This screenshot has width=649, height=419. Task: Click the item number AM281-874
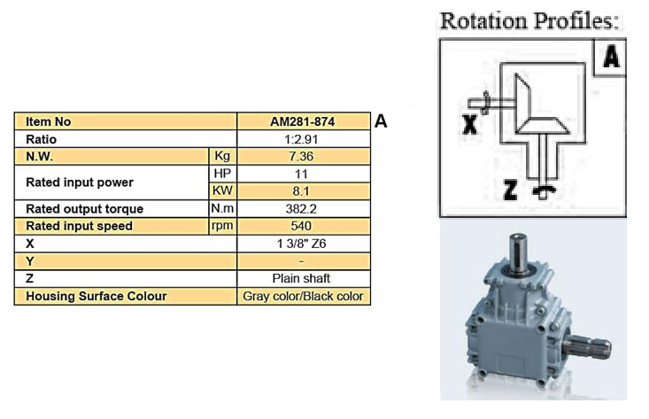[303, 122]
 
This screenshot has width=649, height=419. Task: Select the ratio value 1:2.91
[303, 139]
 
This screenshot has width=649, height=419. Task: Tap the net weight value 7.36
[303, 157]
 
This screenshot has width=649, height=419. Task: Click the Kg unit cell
[222, 157]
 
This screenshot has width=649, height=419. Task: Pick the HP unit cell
[222, 174]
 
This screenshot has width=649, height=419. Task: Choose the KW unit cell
[222, 191]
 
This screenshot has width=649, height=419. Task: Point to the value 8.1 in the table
[303, 191]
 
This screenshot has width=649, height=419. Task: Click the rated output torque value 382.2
[303, 209]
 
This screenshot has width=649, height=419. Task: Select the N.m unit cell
[222, 209]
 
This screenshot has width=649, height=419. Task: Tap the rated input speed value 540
[303, 226]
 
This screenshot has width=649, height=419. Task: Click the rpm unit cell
[222, 226]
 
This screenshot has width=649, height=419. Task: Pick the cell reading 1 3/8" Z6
[303, 244]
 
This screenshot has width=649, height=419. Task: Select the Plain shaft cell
[303, 278]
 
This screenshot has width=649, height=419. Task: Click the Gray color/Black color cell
[303, 296]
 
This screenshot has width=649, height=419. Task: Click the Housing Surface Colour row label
[97, 296]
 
